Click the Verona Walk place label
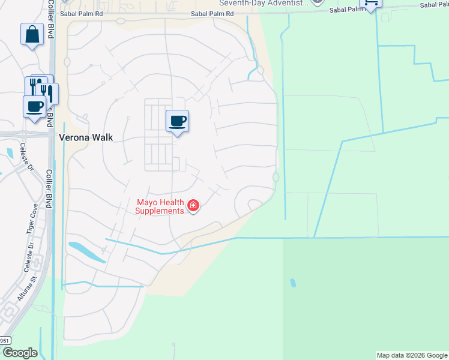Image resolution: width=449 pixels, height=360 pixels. click(x=86, y=137)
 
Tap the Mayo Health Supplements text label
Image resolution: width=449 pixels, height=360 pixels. click(x=159, y=206)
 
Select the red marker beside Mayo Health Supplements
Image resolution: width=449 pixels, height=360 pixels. click(x=193, y=206)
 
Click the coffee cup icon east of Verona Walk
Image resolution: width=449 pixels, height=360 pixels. click(x=177, y=121)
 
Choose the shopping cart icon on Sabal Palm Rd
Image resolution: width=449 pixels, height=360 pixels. click(x=370, y=3)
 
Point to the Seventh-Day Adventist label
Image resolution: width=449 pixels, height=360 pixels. click(x=264, y=3)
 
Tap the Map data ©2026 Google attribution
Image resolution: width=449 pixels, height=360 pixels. click(x=412, y=355)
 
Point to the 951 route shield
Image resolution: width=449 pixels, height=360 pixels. click(x=5, y=341)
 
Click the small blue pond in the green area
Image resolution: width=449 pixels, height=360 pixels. click(x=293, y=283)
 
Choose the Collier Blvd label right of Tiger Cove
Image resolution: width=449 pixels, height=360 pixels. click(x=49, y=190)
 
